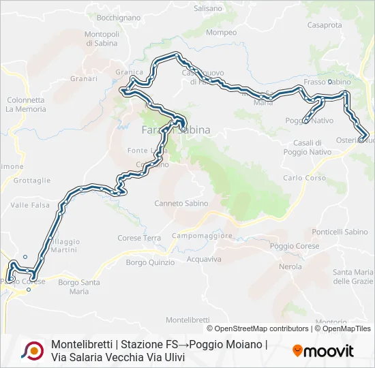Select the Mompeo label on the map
tap(221, 32)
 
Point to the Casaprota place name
tap(325, 25)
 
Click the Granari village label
tap(84, 78)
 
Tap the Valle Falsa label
tap(30, 204)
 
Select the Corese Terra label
tap(139, 238)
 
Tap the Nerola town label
tap(290, 266)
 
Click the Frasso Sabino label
tap(327, 82)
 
